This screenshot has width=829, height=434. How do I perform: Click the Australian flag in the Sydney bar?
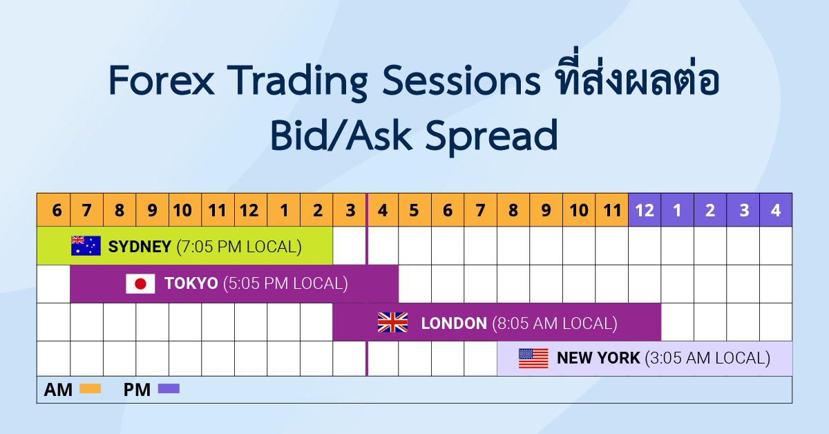(x=86, y=246)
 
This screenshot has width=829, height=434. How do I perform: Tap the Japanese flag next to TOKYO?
(x=140, y=284)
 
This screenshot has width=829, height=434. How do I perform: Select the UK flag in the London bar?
(x=392, y=323)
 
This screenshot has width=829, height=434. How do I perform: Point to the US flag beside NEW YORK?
(x=533, y=358)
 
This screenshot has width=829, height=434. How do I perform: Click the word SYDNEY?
(x=140, y=247)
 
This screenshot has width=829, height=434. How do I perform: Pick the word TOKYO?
(x=191, y=284)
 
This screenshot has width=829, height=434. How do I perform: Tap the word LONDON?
(x=453, y=323)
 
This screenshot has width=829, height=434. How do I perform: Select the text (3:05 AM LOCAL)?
(x=707, y=359)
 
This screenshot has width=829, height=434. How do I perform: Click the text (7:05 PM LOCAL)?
(x=239, y=247)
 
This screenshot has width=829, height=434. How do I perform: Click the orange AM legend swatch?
(x=90, y=389)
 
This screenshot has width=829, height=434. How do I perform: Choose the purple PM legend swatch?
(x=169, y=389)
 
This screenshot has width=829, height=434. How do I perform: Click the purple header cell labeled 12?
(x=645, y=210)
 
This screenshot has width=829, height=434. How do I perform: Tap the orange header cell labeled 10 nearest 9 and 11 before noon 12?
(x=183, y=210)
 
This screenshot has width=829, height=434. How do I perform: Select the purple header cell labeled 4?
(x=776, y=210)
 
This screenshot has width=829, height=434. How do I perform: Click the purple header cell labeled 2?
(x=710, y=210)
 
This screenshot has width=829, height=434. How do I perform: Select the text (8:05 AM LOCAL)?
(x=554, y=323)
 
